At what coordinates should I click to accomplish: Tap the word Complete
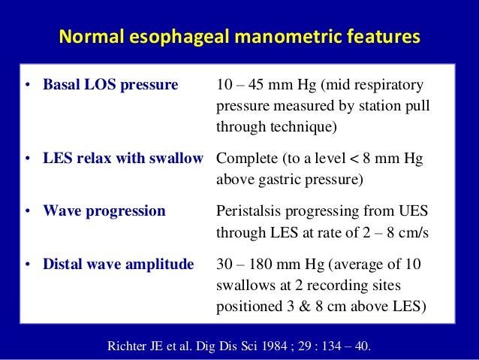coord(246,159)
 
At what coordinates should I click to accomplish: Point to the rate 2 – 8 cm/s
coord(391,233)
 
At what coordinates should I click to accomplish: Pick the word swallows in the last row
coord(243,286)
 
